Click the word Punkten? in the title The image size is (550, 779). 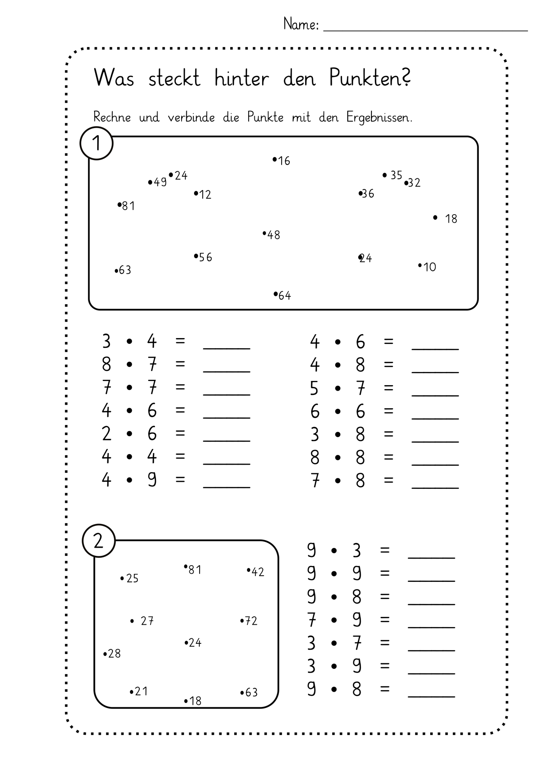click(x=370, y=78)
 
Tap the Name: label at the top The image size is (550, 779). click(x=301, y=24)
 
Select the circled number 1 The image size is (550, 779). click(x=96, y=143)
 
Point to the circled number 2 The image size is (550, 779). click(x=99, y=541)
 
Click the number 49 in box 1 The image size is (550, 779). click(x=160, y=182)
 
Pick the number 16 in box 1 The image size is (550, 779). click(x=284, y=161)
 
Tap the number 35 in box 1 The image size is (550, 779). click(x=396, y=175)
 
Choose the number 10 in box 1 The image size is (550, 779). click(x=430, y=267)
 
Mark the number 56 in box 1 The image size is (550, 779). click(x=205, y=257)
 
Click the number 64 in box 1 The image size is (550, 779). click(x=285, y=296)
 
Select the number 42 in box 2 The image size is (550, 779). click(x=258, y=572)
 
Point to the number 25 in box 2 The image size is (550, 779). click(x=132, y=578)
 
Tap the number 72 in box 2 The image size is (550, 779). click(x=251, y=621)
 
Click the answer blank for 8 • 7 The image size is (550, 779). click(x=227, y=372)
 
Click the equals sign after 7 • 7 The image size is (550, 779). click(x=180, y=387)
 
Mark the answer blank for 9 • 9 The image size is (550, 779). click(x=431, y=581)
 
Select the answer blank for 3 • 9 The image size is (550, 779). click(x=431, y=673)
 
